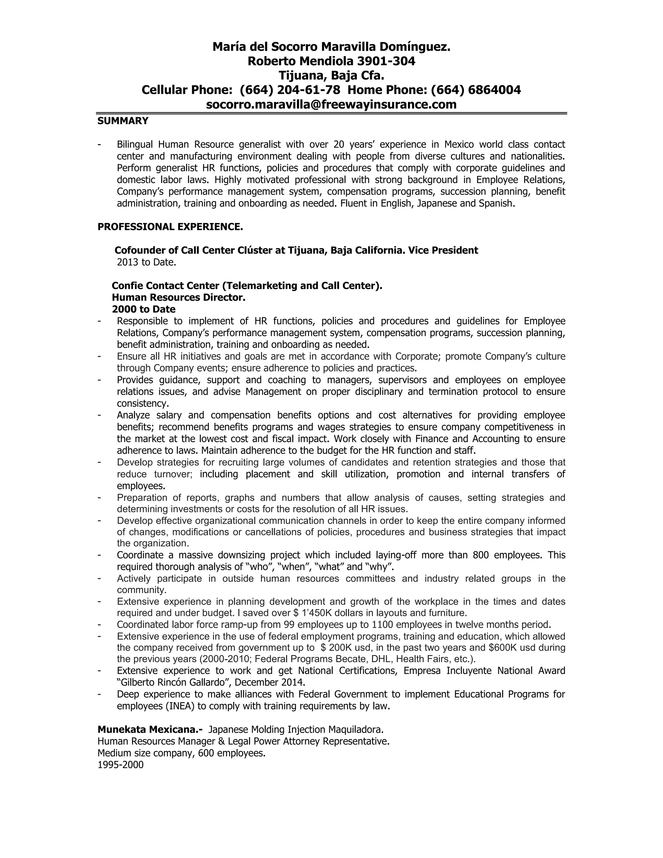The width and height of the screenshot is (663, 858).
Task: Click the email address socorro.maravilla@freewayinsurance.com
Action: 331,105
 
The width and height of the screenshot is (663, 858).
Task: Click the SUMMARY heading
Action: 123,121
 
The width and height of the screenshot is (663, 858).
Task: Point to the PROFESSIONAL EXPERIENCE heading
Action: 170,227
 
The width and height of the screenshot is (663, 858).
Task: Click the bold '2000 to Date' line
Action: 143,309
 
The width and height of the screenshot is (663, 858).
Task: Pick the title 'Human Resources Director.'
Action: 178,298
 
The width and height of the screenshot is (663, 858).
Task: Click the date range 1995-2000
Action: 120,765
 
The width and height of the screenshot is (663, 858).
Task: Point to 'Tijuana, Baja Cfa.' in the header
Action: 331,75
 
